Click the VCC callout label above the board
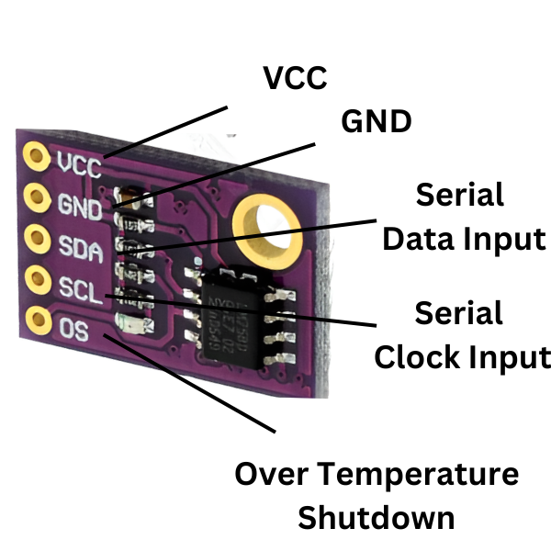(x=294, y=78)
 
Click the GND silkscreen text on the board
(x=80, y=204)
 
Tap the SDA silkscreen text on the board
(x=81, y=245)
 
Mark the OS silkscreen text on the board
(x=74, y=328)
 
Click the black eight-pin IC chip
(x=240, y=310)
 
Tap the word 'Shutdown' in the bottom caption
(x=377, y=517)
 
